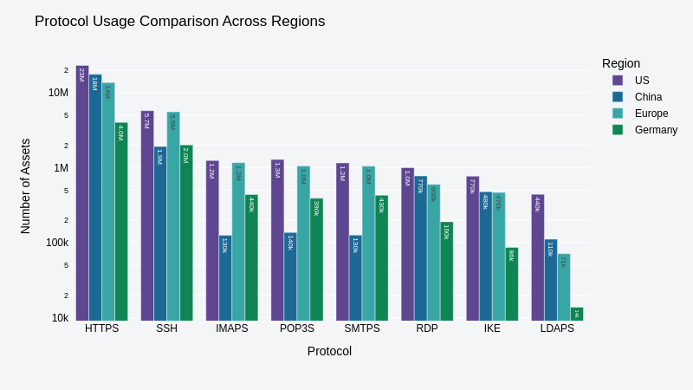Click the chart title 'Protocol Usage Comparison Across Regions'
pos(179,22)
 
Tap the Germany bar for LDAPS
pos(577,315)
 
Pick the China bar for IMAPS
pos(225,277)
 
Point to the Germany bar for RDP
pos(447,270)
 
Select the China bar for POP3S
pos(290,276)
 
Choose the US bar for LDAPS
pos(538,257)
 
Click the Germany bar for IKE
pos(512,283)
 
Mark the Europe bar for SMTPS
pos(368,243)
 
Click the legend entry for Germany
pos(655,130)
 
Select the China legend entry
pos(648,97)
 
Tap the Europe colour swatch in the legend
pos(618,114)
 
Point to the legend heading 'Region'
pos(621,63)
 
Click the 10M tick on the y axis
pos(58,93)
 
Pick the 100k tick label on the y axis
pos(57,243)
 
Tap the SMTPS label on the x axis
pos(362,328)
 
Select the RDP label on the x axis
pos(427,328)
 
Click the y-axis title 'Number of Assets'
pos(25,186)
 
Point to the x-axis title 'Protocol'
pos(329,351)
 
